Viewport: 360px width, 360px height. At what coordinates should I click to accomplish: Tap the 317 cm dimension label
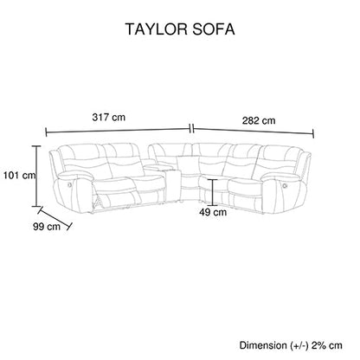109,117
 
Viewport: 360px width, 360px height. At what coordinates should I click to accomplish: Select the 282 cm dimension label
259,120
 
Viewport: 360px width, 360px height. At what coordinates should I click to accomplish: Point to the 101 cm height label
19,175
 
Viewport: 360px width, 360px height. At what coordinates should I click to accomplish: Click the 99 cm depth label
47,227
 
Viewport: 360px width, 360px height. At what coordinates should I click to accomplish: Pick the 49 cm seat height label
213,212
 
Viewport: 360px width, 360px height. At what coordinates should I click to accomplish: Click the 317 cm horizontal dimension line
118,131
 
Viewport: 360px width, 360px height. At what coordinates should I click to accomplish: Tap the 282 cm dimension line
254,131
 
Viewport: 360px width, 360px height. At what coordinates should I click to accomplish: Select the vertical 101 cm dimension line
36,176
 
